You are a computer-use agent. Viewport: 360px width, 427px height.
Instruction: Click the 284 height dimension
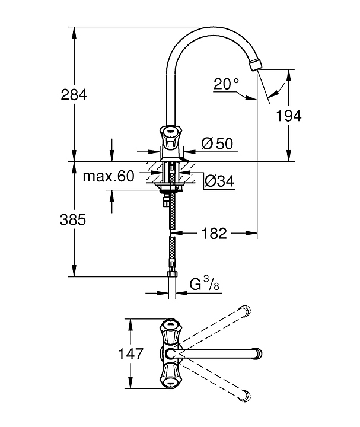coord(74,95)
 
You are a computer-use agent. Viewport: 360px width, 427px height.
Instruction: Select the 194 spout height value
coord(289,116)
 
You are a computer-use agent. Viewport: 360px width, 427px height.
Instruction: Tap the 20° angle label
coord(226,84)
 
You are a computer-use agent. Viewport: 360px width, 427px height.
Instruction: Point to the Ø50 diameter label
coord(217,144)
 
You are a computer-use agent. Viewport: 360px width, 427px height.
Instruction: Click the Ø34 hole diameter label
coord(219,181)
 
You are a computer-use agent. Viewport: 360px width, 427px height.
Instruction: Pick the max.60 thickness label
coord(109,177)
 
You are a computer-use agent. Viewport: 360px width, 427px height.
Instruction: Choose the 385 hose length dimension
coord(73,219)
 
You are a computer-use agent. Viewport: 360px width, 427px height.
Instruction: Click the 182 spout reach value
coord(214,234)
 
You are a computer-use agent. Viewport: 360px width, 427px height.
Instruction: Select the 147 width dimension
coord(130,353)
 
